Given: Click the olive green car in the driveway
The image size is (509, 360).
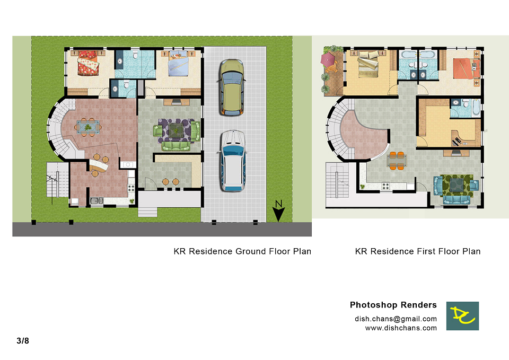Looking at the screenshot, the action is point(232,87).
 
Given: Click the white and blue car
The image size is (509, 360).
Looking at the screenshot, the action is point(232,161).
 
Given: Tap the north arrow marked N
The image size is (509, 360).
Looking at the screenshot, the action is point(278,211).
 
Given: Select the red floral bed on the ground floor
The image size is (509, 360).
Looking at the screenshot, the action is point(88,63).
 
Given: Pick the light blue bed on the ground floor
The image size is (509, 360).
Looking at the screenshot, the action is point(178,63).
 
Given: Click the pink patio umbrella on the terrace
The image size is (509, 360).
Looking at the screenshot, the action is point(328,59).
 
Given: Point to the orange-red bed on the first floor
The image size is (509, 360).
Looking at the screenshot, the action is point(465,68).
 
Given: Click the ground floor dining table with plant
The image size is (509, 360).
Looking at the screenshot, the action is point(87,127).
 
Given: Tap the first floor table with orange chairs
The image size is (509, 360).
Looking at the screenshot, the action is point(397,161).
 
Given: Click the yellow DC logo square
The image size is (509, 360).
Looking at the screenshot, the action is point(462,316).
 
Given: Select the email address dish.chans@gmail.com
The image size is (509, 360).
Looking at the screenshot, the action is point(396,319).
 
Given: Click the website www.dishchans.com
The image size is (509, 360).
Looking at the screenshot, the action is point(401,328).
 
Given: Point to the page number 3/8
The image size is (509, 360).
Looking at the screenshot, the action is point(23,340).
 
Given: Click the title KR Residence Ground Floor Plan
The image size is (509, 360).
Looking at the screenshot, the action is point(242,251).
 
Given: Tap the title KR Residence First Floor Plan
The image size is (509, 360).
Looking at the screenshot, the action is point(418,251).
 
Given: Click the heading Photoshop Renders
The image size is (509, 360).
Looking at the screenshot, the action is point(393,305).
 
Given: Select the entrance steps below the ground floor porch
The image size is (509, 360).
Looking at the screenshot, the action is point(148,212).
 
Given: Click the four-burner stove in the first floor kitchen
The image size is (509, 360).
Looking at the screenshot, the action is point(385,186).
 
